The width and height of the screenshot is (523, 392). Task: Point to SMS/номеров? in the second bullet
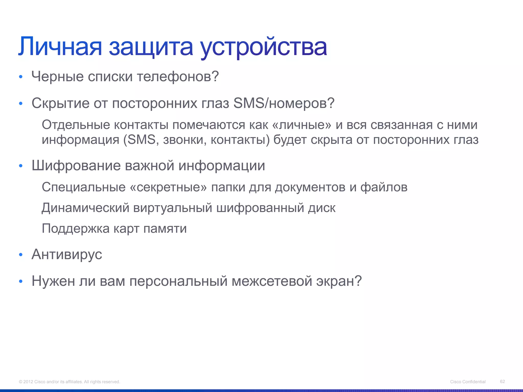(284, 103)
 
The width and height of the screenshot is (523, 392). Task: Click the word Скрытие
(61, 104)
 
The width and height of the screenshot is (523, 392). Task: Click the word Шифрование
(76, 166)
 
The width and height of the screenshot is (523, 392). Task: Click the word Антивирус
(67, 254)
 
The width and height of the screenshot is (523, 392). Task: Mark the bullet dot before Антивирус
(21, 255)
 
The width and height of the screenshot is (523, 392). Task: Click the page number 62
(502, 381)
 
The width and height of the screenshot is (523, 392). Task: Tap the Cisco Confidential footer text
(468, 382)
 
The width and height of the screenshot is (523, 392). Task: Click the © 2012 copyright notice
(69, 382)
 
